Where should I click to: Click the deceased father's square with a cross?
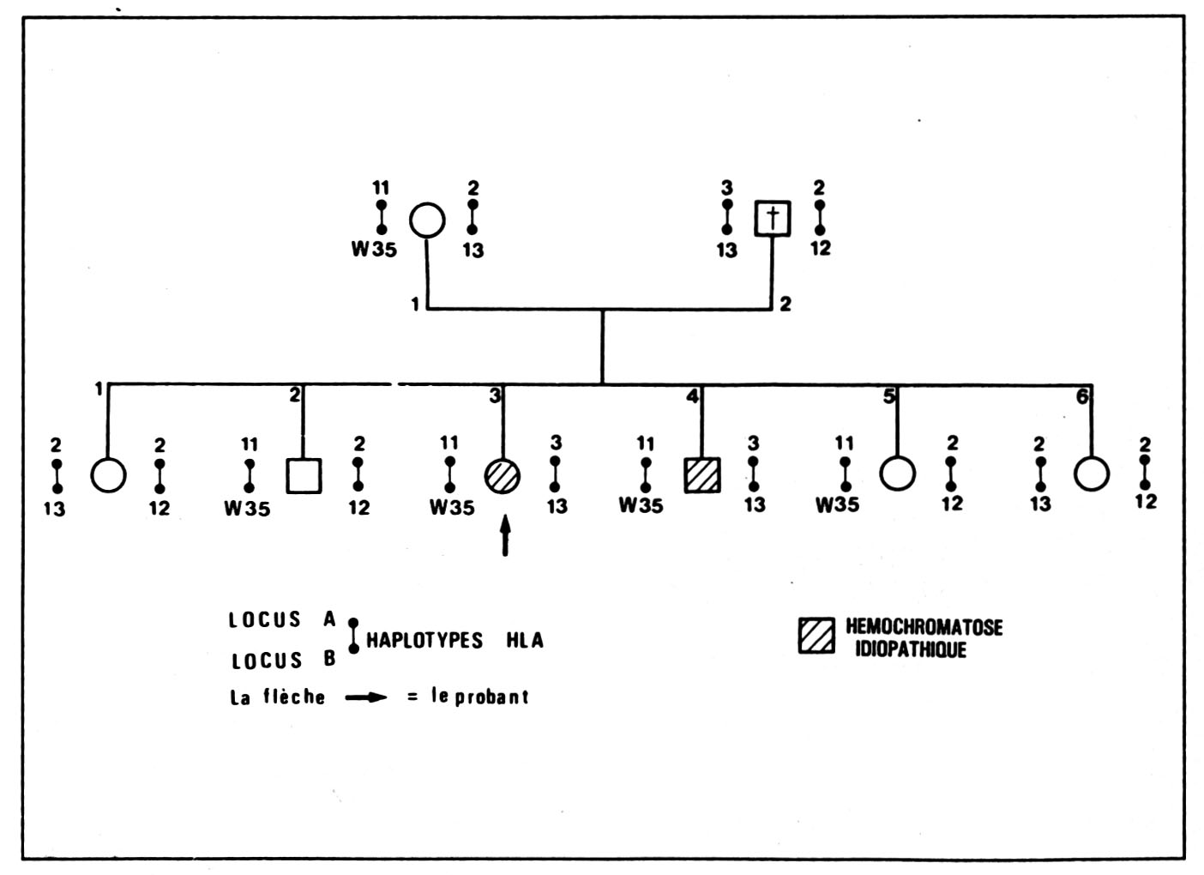[772, 219]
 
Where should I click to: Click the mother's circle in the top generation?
[426, 220]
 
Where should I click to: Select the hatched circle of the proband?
[503, 475]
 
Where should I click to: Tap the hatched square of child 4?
[702, 475]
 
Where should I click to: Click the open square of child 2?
[304, 475]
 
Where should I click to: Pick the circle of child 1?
[108, 474]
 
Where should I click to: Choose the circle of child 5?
[897, 473]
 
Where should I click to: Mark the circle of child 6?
[1092, 474]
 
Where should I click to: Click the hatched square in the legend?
[816, 636]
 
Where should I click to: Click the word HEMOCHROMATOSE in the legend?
[924, 627]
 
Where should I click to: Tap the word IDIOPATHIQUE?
[911, 649]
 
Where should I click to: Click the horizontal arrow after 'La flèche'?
[365, 697]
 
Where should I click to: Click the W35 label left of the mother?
[374, 250]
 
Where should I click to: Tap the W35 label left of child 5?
[837, 504]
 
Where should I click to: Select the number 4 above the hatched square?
[692, 396]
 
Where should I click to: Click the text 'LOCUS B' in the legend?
[283, 661]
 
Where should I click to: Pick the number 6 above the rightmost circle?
[1082, 396]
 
